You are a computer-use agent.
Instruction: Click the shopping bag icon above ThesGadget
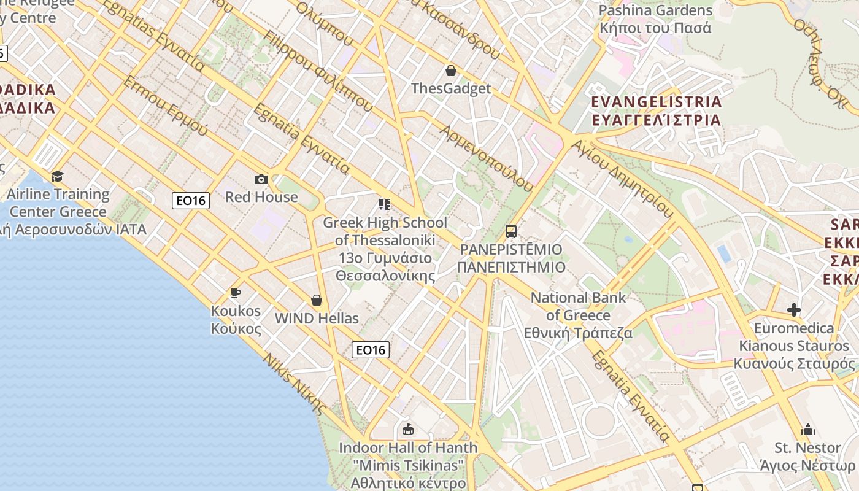click(451, 71)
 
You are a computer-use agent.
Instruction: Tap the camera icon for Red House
click(261, 179)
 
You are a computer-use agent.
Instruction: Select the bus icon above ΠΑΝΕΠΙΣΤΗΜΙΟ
click(510, 231)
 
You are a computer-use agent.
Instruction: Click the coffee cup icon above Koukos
click(235, 293)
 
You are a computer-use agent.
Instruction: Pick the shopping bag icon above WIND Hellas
click(317, 300)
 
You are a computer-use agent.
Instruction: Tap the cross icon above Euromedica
click(794, 310)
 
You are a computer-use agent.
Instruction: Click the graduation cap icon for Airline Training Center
click(57, 177)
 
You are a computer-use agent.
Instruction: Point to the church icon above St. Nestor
click(808, 430)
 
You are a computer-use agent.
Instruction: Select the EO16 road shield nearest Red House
click(191, 200)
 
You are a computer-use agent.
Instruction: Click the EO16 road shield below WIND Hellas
click(371, 350)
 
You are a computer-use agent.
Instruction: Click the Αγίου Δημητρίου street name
click(622, 179)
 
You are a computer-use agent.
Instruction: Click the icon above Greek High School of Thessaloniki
click(385, 204)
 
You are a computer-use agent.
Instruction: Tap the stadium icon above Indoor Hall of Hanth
click(407, 429)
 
